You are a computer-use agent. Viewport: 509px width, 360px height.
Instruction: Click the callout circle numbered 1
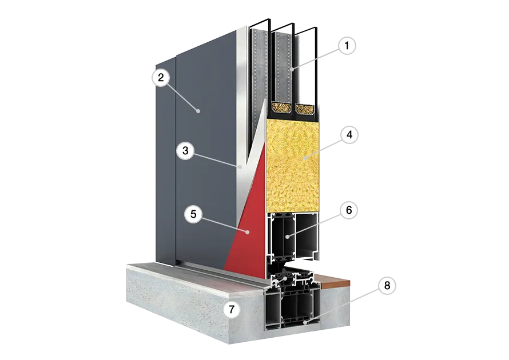[x=347, y=45]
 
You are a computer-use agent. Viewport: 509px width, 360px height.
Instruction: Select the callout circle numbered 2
[x=161, y=78]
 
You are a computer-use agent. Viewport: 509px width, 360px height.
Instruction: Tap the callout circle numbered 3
[x=185, y=150]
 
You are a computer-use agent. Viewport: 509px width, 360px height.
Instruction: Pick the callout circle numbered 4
[x=349, y=135]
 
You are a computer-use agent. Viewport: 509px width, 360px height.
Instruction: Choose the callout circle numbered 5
[x=193, y=214]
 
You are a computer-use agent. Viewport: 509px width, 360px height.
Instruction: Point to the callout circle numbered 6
[x=349, y=210]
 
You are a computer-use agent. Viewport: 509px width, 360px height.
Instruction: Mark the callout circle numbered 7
[x=232, y=309]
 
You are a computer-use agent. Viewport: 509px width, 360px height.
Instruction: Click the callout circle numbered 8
[x=387, y=285]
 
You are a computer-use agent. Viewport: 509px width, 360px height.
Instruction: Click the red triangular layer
[x=250, y=224]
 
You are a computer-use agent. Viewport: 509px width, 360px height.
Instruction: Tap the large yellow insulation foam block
[x=292, y=165]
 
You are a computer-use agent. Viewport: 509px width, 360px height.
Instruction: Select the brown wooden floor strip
[x=335, y=281]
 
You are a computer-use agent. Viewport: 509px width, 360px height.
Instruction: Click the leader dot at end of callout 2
[x=198, y=111]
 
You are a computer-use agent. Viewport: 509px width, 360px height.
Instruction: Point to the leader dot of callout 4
[x=305, y=158]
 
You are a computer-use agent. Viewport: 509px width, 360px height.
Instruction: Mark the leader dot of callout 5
[x=248, y=232]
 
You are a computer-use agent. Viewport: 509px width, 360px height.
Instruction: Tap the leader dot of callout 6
[x=287, y=237]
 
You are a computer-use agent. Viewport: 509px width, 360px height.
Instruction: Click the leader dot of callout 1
[x=292, y=69]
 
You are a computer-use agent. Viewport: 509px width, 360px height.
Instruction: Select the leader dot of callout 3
[x=240, y=167]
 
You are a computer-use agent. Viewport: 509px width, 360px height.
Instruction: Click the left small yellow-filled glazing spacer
[x=281, y=107]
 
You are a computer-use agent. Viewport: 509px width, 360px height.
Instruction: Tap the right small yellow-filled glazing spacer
[x=305, y=109]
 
